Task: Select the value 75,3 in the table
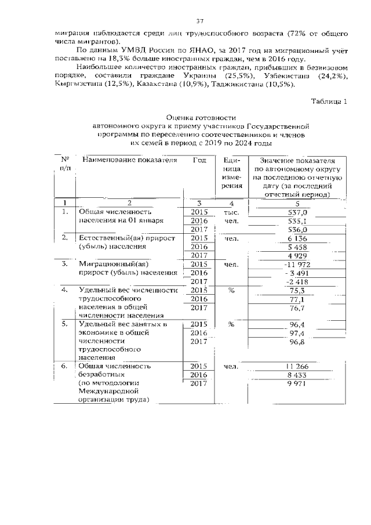(x=297, y=291)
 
